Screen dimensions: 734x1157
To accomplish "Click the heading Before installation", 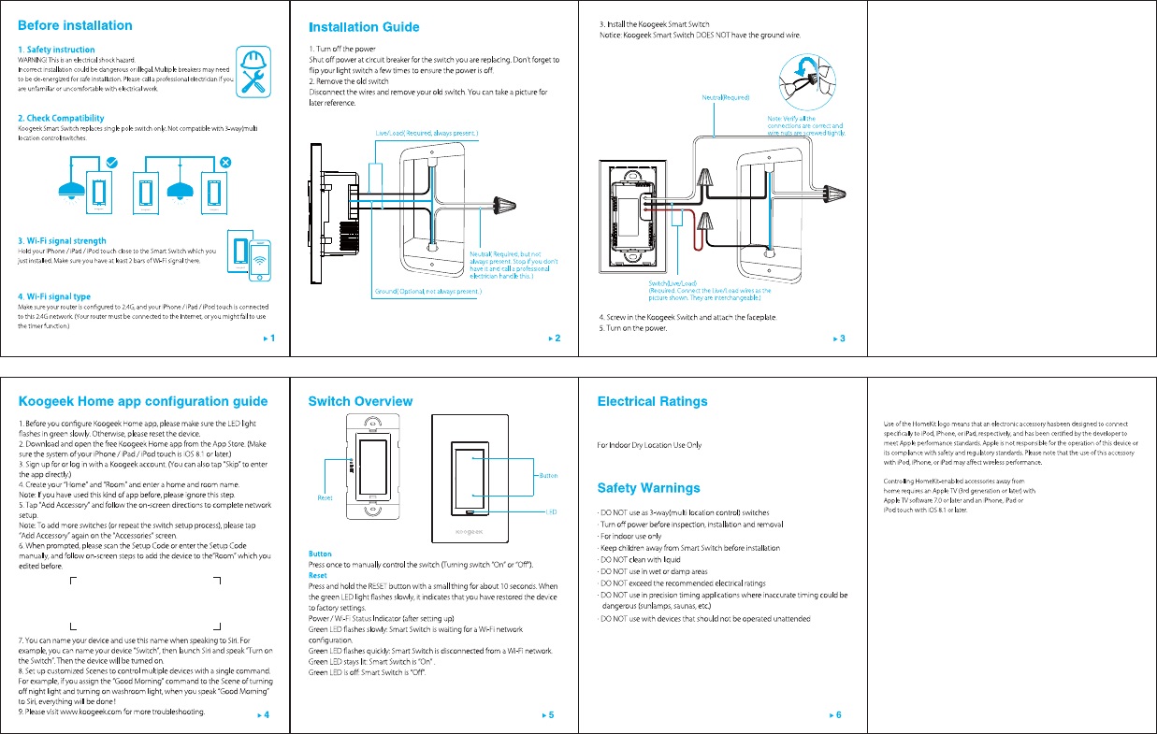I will coord(75,25).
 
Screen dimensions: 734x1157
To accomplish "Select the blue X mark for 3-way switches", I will coord(224,162).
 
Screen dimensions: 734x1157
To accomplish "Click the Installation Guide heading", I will coord(364,27).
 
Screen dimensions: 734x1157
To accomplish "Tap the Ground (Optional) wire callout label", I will coord(428,292).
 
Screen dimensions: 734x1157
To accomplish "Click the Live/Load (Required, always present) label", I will coord(427,134).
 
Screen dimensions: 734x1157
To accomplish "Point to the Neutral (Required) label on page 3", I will coord(726,97).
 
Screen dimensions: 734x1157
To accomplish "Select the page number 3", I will coord(843,338).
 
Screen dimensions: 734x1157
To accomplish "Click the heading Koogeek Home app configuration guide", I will coord(143,402).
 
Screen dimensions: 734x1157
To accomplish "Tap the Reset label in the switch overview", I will coord(325,497).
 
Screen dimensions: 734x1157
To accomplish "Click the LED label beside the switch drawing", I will coord(551,511).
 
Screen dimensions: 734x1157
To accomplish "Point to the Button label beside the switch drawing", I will coord(548,476).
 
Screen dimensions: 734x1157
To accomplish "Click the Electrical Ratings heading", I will coord(652,402).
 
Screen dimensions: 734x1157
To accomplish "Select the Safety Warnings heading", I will coord(648,488).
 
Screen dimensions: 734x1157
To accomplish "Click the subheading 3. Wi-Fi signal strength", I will coord(62,241).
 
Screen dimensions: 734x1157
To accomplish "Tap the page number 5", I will coord(551,715).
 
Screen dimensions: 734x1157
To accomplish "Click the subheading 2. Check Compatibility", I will coord(61,119).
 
